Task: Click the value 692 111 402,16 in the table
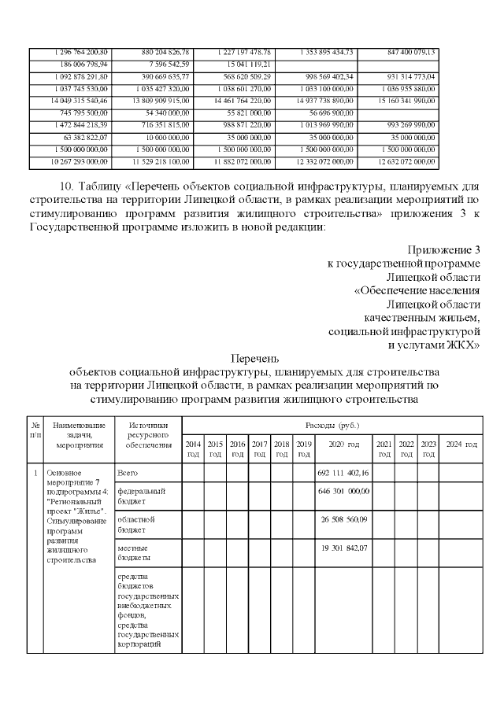click(x=343, y=472)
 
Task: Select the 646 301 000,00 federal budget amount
click(x=343, y=491)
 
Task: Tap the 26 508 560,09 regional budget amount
click(x=343, y=519)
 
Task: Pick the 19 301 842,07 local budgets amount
click(x=343, y=548)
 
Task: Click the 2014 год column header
click(x=193, y=449)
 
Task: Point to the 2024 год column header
click(x=461, y=445)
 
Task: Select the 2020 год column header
click(x=343, y=445)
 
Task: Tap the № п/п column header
click(x=35, y=430)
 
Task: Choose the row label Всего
click(x=128, y=473)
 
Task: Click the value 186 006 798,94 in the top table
click(x=83, y=64)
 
